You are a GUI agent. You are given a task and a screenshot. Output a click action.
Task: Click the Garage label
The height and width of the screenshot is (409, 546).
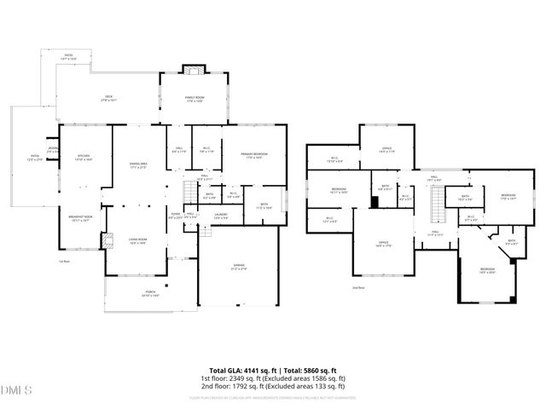(239, 267)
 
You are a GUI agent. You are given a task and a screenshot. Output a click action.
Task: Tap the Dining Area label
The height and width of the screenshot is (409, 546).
(138, 165)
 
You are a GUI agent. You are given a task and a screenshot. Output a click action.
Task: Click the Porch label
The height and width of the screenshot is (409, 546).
(151, 293)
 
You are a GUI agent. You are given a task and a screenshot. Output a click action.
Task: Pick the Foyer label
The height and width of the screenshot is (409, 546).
(175, 216)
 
